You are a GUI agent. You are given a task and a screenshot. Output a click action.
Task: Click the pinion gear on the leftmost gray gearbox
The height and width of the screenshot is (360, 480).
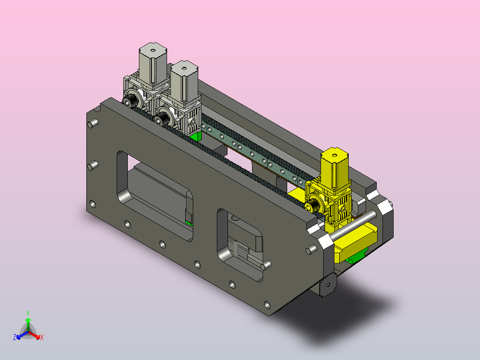tap(130, 100)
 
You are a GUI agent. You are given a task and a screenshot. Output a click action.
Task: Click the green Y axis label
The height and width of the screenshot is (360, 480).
tap(28, 313)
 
